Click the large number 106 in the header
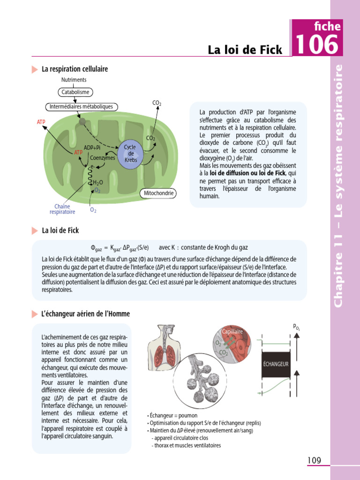click(317, 45)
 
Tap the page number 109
click(314, 460)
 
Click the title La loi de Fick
click(245, 50)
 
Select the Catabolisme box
click(75, 92)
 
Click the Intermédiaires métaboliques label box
click(81, 107)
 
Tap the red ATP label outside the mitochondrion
click(42, 122)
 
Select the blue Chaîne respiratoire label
click(62, 209)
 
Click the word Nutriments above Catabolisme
click(74, 80)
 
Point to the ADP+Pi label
click(92, 148)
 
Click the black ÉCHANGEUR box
click(276, 364)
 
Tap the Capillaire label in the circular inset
click(233, 331)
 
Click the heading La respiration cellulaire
click(75, 69)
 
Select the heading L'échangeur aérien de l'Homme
click(86, 314)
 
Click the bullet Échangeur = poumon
click(173, 415)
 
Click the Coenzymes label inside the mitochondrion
click(103, 158)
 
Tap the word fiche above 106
click(328, 27)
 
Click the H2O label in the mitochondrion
click(97, 182)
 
